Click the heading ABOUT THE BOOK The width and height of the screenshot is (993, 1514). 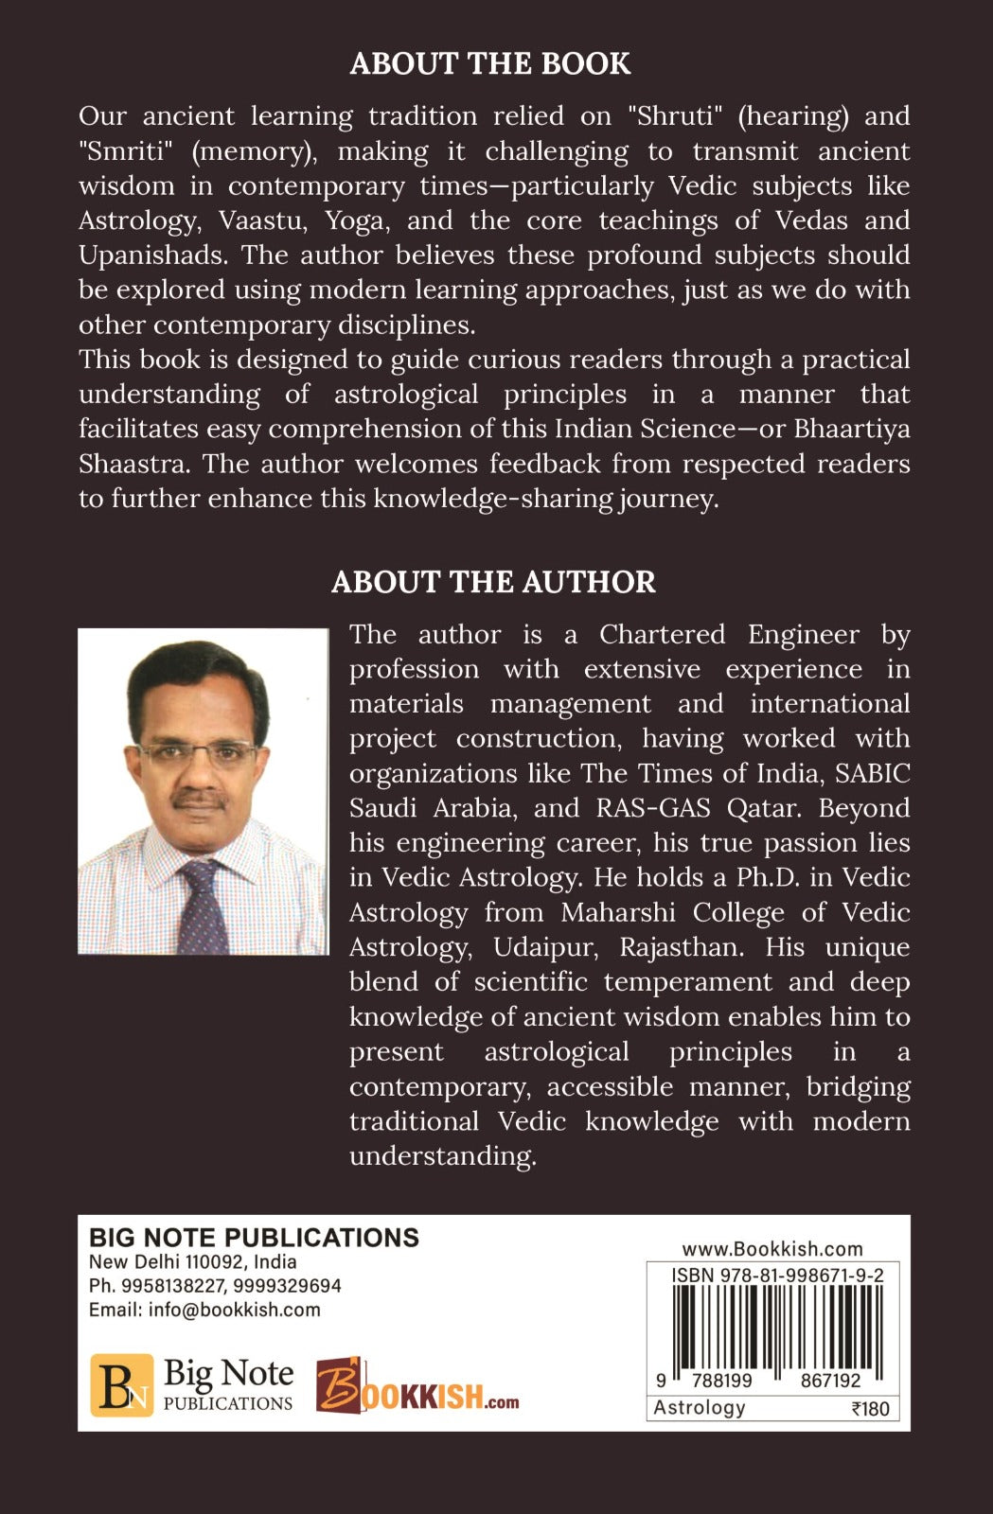click(x=490, y=63)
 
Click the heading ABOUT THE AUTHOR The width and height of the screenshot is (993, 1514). click(x=493, y=582)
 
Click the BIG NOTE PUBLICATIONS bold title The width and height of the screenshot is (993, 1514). click(x=254, y=1238)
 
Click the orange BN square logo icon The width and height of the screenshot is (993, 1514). click(x=121, y=1385)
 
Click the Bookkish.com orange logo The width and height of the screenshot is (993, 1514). click(x=417, y=1386)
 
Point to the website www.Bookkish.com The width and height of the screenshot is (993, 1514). click(x=771, y=1249)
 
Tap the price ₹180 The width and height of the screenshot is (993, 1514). click(x=870, y=1409)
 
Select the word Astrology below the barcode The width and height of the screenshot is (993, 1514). click(x=700, y=1408)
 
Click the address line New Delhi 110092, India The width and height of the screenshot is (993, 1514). click(x=192, y=1262)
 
